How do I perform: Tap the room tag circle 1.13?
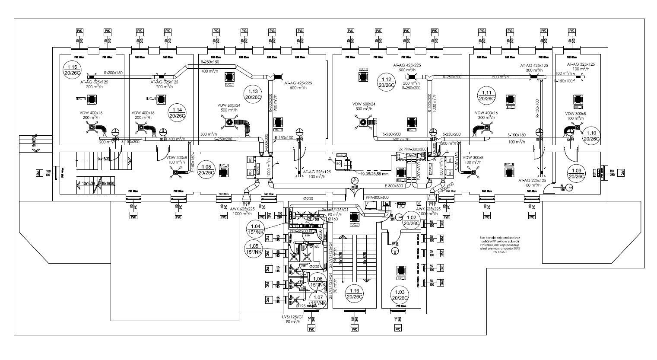tap(253, 93)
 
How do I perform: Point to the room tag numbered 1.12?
tap(386, 82)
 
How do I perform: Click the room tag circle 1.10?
tap(591, 136)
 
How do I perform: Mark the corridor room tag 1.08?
tap(206, 169)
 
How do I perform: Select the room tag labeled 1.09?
tap(577, 173)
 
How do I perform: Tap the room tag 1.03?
tap(400, 296)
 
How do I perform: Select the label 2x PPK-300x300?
tap(413, 149)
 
